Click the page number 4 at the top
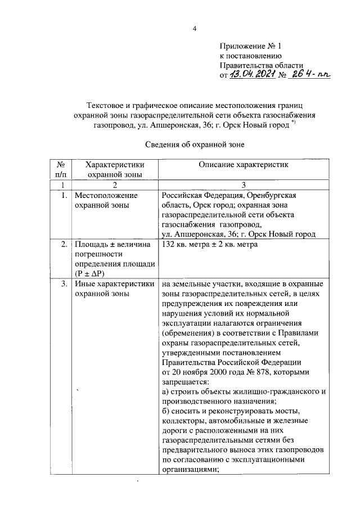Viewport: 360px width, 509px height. click(x=195, y=29)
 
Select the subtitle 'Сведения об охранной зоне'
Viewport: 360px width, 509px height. click(x=197, y=144)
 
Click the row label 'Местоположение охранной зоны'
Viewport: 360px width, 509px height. click(x=98, y=200)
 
